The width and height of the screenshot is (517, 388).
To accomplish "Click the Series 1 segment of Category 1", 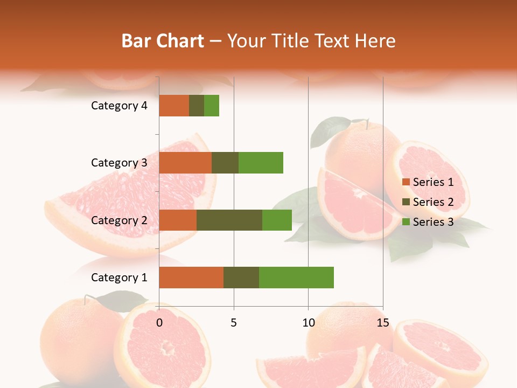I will tap(191, 278).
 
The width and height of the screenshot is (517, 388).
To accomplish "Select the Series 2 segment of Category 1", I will tap(241, 278).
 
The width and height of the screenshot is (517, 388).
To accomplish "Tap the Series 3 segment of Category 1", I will tap(296, 278).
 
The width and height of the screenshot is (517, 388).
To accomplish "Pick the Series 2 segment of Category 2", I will tap(229, 220).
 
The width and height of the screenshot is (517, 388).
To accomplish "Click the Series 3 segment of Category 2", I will tap(277, 220).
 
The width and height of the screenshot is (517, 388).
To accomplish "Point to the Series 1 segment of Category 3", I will tap(185, 163).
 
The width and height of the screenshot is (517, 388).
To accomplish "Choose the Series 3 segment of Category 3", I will tap(261, 163).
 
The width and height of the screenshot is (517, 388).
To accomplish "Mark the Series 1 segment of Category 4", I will tap(174, 106).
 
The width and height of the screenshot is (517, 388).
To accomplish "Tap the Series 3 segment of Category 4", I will tap(212, 106).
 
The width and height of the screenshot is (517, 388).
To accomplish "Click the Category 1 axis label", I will tap(119, 278).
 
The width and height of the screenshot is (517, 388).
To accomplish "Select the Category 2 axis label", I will tap(119, 220).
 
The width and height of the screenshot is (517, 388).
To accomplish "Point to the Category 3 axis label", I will tap(119, 163).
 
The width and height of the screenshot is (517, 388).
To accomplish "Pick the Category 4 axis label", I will tap(119, 106).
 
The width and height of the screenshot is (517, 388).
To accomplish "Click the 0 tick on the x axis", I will tap(159, 323).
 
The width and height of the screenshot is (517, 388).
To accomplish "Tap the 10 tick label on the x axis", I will tap(308, 323).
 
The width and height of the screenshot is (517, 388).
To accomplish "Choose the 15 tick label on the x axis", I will tap(383, 323).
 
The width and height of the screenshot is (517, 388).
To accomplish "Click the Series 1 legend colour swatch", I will tap(406, 182).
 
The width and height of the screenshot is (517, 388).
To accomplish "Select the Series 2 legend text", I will tap(433, 202).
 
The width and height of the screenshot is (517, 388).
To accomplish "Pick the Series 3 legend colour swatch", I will tap(406, 222).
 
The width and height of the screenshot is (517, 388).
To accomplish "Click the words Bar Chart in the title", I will tap(163, 40).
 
